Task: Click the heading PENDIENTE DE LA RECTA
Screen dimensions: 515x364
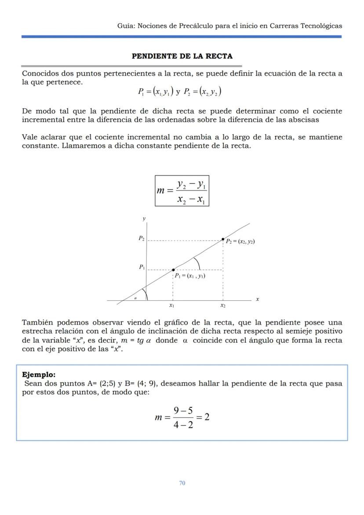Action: tap(182, 56)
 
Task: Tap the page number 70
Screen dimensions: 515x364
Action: tap(182, 483)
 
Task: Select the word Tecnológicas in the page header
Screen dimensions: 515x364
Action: tap(321, 26)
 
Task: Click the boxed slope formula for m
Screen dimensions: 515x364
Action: tap(182, 190)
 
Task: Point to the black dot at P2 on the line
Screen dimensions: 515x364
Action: tap(223, 239)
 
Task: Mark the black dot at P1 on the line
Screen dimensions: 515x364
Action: tap(173, 270)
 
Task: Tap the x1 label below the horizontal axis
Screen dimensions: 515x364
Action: tap(172, 305)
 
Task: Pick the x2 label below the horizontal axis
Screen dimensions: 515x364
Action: tap(223, 305)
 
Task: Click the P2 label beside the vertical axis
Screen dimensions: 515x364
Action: tap(141, 238)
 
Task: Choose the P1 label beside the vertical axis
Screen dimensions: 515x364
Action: tap(141, 267)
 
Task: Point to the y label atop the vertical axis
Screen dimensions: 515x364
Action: tap(144, 219)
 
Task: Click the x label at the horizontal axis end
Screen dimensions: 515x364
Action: tap(257, 299)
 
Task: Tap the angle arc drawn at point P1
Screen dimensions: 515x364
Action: tap(197, 263)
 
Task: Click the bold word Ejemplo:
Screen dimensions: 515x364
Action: tap(39, 375)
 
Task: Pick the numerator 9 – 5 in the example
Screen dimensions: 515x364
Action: tap(183, 410)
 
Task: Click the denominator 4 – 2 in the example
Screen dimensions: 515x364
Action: tap(183, 425)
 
